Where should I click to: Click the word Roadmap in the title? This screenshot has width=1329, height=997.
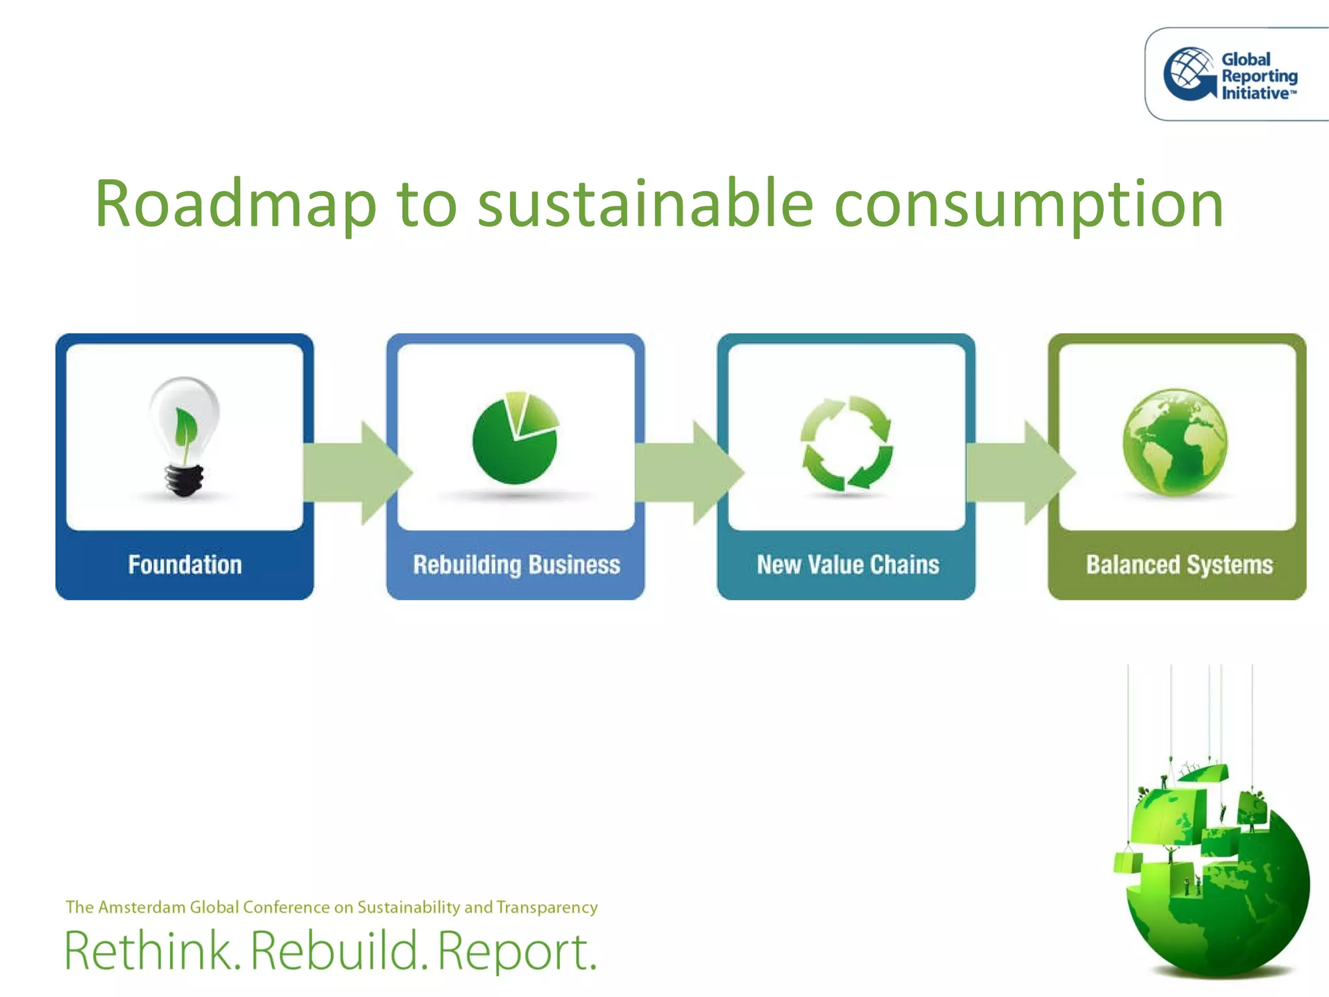point(236,204)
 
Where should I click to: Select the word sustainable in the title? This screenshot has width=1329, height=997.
point(645,204)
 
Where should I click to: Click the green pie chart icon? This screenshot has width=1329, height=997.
point(515,438)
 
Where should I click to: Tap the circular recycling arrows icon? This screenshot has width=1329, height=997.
point(846,443)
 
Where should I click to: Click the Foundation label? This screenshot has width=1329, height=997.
point(185,565)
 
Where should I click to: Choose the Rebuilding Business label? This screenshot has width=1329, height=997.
point(517,565)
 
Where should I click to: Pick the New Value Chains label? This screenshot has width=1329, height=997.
point(847,565)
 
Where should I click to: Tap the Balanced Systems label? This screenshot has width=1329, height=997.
point(1179,565)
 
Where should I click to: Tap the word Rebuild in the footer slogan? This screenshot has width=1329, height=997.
point(335,951)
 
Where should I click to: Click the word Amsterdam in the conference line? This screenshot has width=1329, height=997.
point(141,907)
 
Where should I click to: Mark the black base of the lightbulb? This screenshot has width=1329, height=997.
point(184,481)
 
